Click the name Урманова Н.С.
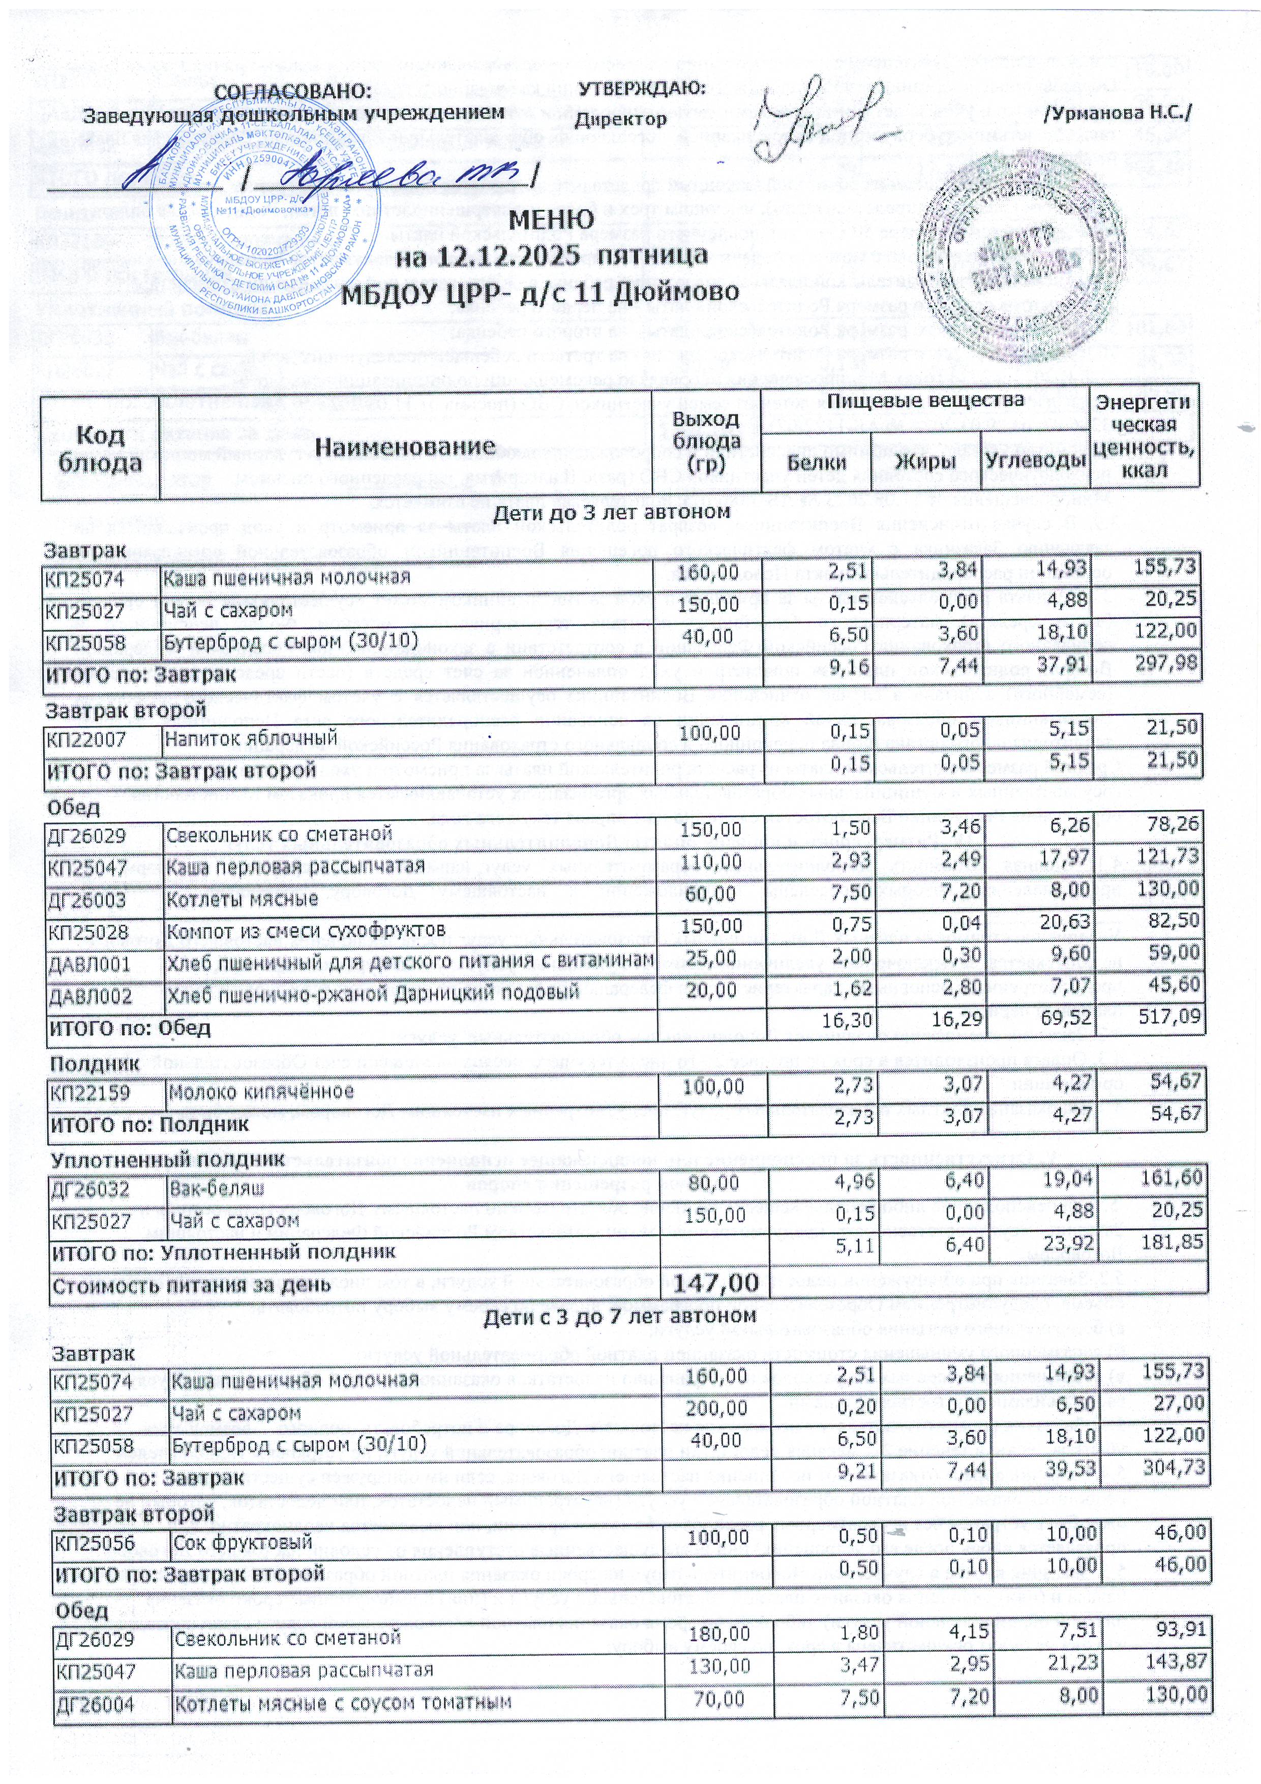pos(1118,113)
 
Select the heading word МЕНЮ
pos(552,220)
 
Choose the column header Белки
pos(816,462)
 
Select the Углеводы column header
pos(1035,462)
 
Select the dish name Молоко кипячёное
pos(261,1092)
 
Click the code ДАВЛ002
pos(88,995)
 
